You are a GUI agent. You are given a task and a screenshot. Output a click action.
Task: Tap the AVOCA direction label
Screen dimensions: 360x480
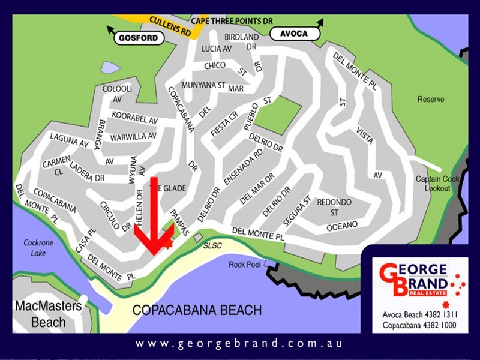click(293, 34)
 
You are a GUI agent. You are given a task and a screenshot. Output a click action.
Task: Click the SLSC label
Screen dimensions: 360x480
click(213, 246)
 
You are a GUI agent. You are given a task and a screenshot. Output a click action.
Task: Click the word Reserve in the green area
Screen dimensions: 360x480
click(431, 100)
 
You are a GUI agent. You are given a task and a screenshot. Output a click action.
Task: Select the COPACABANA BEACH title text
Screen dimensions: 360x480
click(197, 311)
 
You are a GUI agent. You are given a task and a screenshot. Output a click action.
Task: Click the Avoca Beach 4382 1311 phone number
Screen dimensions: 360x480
click(415, 314)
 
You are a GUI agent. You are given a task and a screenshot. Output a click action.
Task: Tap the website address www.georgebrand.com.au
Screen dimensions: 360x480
click(239, 344)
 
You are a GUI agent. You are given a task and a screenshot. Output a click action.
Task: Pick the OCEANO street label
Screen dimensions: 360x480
click(342, 225)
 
